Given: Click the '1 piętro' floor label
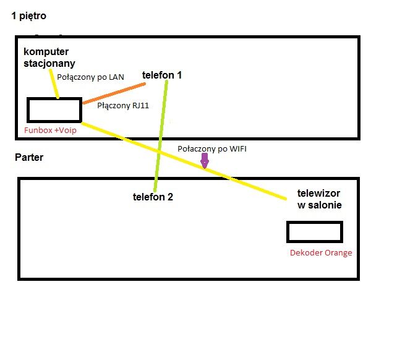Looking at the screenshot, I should [x=28, y=15].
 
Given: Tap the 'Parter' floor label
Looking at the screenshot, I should [x=28, y=158].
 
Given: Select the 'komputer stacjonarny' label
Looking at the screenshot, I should [x=49, y=56].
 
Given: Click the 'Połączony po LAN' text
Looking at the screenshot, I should [x=90, y=77].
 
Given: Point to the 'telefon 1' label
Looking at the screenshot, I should [x=162, y=75].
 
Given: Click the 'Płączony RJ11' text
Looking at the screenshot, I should [x=123, y=106].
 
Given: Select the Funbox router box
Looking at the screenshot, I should [x=54, y=109].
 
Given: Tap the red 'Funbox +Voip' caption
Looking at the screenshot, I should [x=50, y=131].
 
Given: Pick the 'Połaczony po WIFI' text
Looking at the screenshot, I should [x=212, y=149].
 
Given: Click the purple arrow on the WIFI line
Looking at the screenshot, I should [x=205, y=161].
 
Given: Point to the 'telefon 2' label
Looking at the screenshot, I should [x=153, y=197].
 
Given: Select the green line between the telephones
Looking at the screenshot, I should [x=161, y=136].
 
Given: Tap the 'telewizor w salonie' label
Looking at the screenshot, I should [x=318, y=199].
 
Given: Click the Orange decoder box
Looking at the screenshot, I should [x=314, y=231].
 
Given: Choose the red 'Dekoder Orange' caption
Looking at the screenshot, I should [x=321, y=252].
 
